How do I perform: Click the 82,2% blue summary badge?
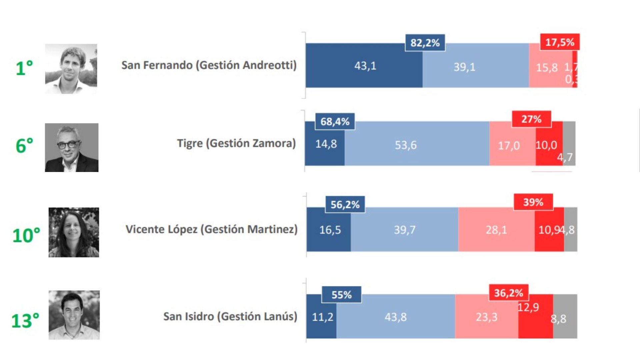click(425, 43)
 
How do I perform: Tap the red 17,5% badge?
click(560, 42)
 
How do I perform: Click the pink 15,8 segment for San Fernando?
click(547, 67)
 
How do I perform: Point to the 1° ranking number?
click(24, 68)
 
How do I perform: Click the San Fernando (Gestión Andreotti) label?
click(209, 65)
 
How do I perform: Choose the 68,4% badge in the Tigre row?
click(335, 121)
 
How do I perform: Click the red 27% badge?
click(531, 119)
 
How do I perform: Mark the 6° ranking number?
click(24, 146)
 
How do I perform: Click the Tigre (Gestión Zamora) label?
click(236, 143)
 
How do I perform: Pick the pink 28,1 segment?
click(496, 230)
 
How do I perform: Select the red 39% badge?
click(533, 202)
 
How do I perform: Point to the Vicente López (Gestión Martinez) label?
click(211, 229)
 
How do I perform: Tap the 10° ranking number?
click(26, 235)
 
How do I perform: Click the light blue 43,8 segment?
click(396, 317)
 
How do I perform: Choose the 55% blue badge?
click(341, 295)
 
